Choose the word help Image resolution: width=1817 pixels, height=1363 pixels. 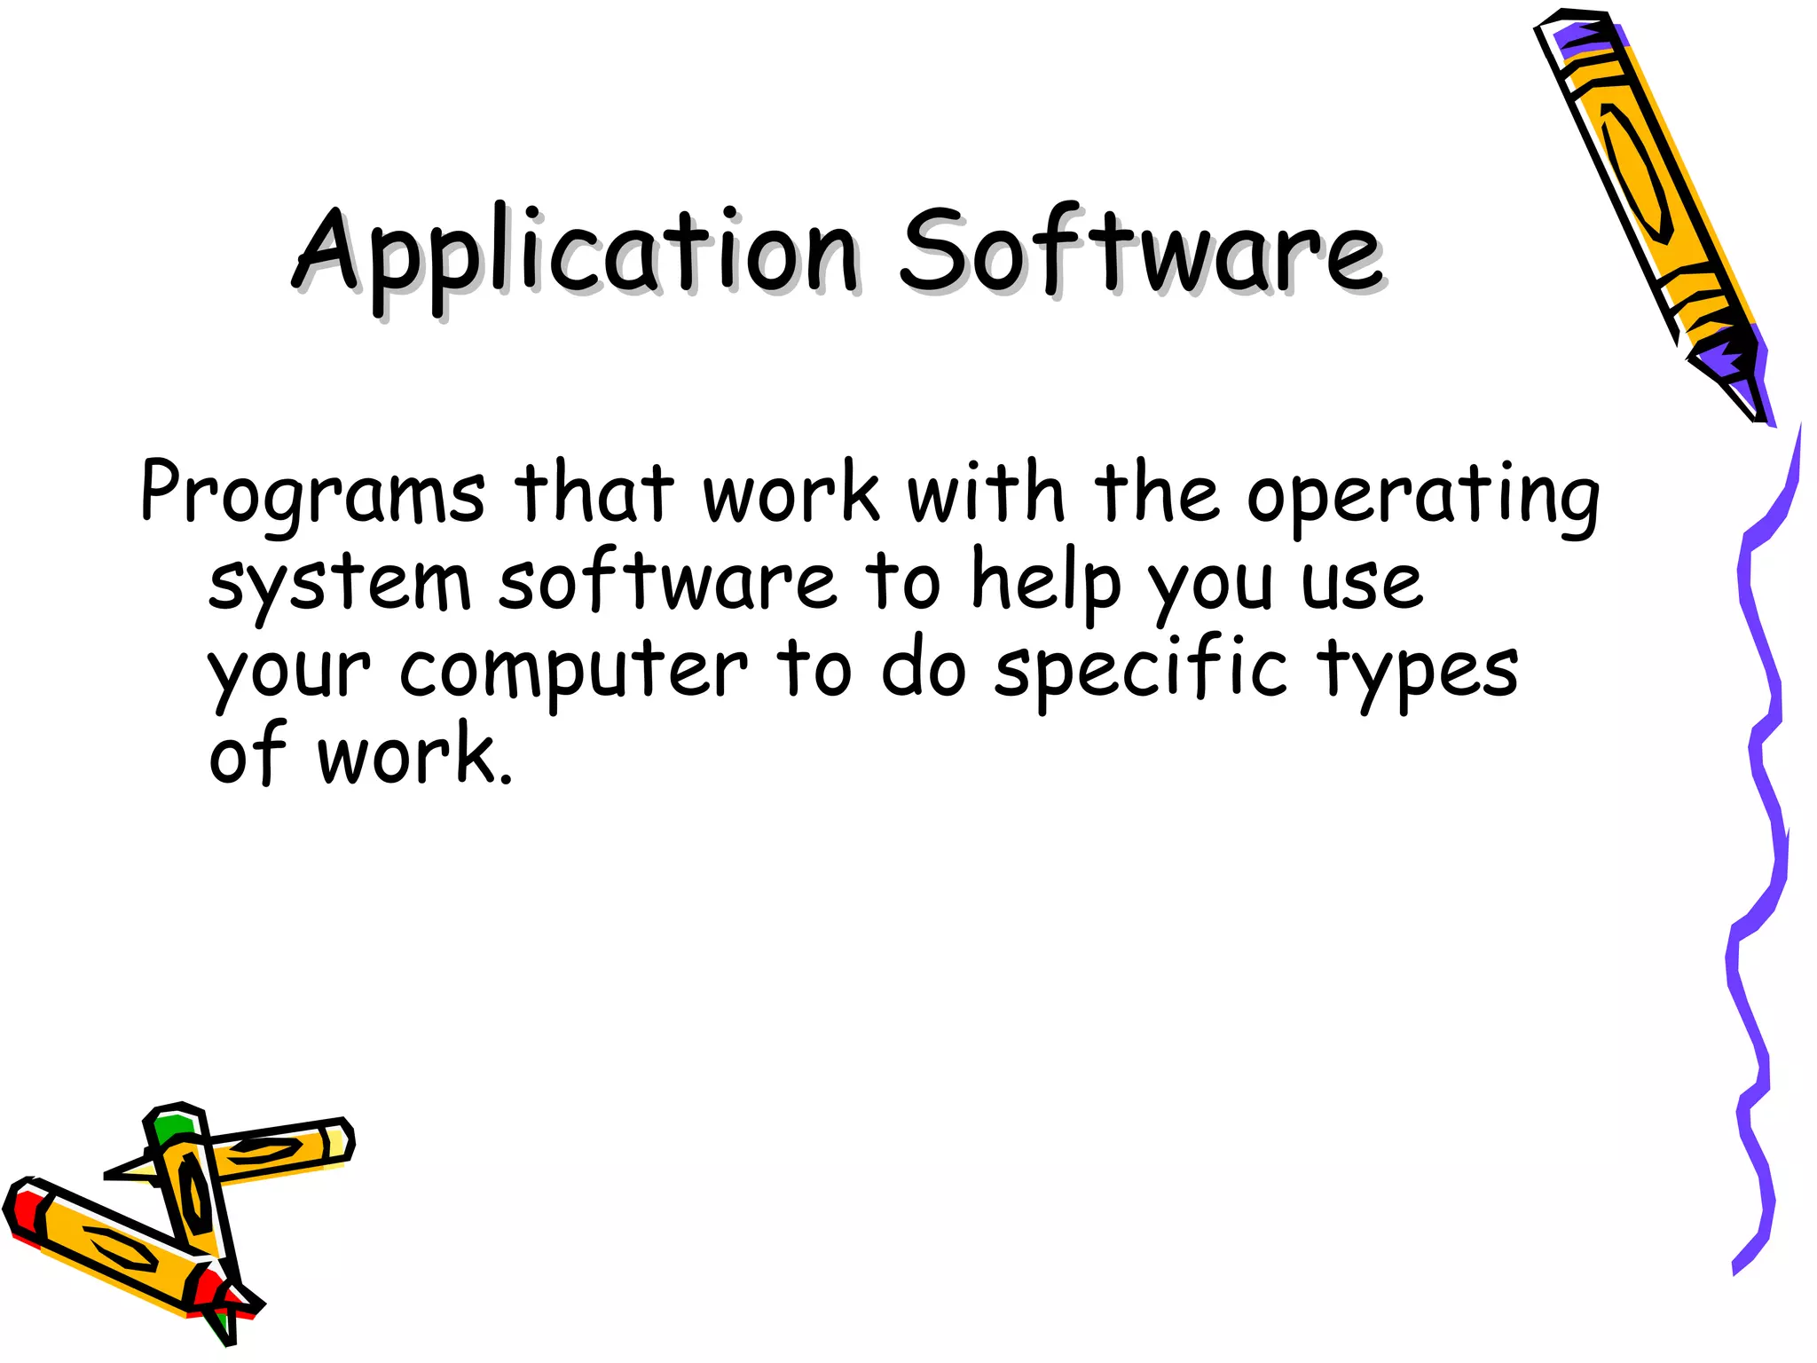click(1047, 581)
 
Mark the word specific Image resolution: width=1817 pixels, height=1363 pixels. click(1140, 670)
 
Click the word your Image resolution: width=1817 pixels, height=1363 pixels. click(289, 674)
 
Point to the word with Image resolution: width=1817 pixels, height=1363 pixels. click(985, 492)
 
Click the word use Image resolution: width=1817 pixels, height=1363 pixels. click(1362, 586)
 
